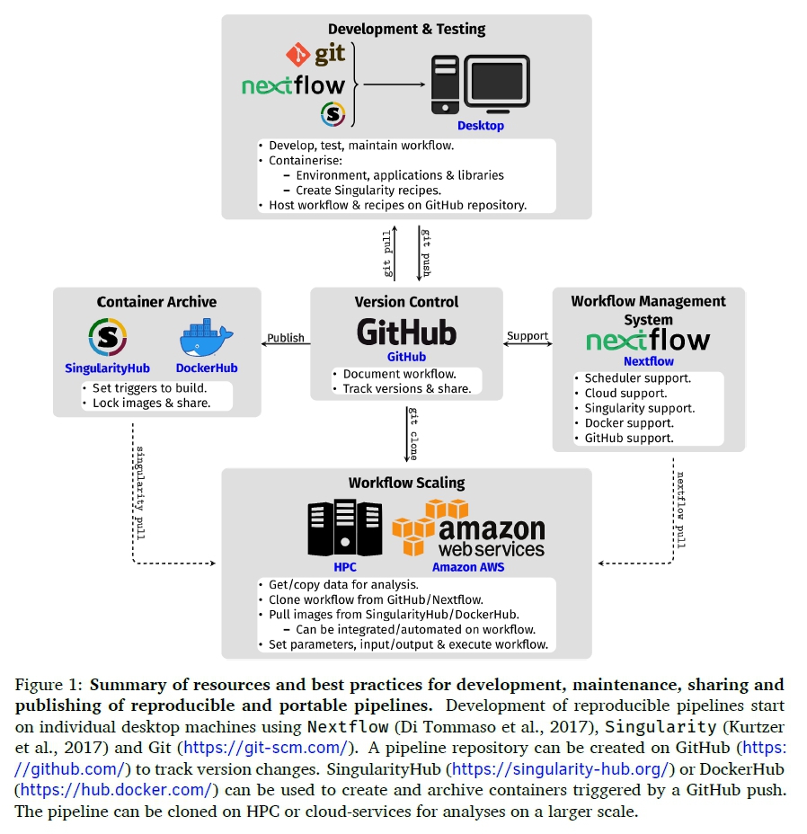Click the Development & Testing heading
(x=406, y=29)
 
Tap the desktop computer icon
(x=480, y=84)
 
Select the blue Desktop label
(x=481, y=126)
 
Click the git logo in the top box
(x=315, y=55)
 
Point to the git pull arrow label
(x=387, y=254)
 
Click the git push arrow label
(x=426, y=254)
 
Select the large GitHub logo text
(x=406, y=333)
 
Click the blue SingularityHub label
(x=107, y=368)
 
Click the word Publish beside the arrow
(x=286, y=338)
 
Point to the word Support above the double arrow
(x=528, y=336)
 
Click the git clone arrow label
(x=413, y=433)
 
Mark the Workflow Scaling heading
(x=407, y=483)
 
